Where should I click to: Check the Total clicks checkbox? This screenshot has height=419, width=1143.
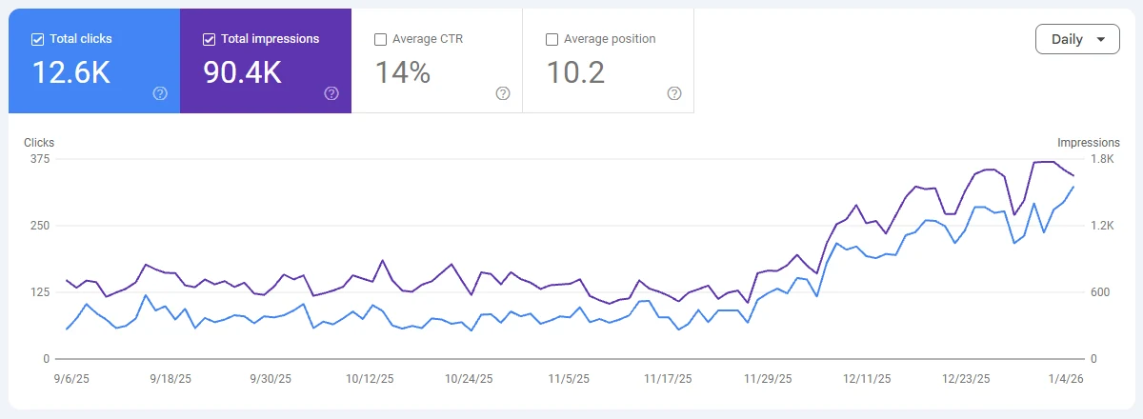(x=37, y=39)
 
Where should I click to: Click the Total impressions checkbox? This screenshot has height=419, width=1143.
(x=209, y=39)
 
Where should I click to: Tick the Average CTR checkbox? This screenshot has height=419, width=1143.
(x=380, y=39)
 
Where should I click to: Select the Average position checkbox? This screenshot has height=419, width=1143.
(x=551, y=39)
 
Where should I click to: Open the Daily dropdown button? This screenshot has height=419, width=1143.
(x=1077, y=39)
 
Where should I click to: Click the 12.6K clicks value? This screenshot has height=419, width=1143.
(x=71, y=72)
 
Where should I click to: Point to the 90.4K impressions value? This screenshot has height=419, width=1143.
(x=243, y=72)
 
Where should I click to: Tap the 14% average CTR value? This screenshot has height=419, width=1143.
(x=403, y=72)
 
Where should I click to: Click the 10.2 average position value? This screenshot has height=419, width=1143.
(x=575, y=72)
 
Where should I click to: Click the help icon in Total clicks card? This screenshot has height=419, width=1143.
(x=160, y=93)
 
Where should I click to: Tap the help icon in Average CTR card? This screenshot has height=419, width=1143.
(x=503, y=93)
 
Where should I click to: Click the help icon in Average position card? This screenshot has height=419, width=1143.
(x=674, y=93)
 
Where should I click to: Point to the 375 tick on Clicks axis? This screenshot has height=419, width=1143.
(x=40, y=159)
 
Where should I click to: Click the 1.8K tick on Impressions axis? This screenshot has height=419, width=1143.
(x=1102, y=159)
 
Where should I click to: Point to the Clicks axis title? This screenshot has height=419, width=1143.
(x=39, y=143)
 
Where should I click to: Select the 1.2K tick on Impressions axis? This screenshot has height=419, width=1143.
(x=1102, y=226)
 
